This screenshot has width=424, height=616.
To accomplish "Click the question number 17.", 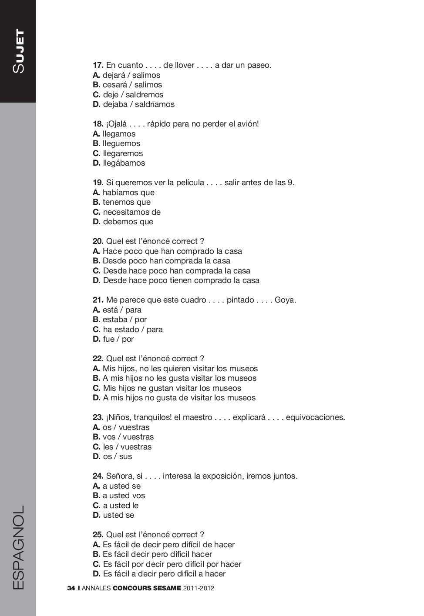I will tap(98, 65).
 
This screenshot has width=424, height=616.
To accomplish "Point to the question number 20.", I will tap(98, 241).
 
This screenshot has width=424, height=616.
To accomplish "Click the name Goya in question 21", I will tap(285, 300).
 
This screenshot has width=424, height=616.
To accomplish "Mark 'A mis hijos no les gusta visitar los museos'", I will tap(175, 378).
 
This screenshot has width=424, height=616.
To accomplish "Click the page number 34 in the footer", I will tap(71, 588).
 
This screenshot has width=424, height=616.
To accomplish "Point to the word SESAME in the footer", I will tap(167, 588).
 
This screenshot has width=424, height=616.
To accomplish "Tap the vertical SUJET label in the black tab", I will tap(18, 51).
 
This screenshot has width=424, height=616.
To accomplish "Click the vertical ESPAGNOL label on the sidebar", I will tap(18, 547).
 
